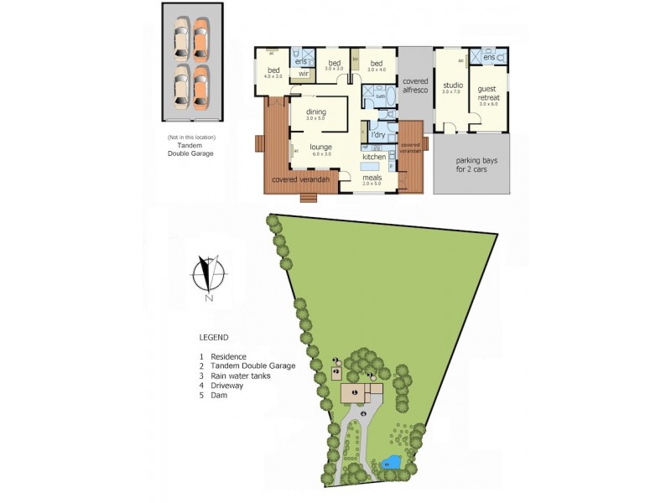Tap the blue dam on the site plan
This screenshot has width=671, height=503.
(x=389, y=462)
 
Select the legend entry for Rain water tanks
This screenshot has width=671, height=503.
(x=241, y=376)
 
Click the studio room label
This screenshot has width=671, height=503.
(x=454, y=86)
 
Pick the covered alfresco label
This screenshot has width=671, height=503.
(x=415, y=86)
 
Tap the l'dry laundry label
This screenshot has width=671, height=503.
(x=377, y=135)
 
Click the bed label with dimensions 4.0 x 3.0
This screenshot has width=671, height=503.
(x=273, y=72)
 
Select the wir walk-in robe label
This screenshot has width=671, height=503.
(x=304, y=73)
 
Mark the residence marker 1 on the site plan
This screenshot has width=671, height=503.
(x=354, y=392)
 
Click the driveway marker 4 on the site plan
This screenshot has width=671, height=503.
(x=362, y=414)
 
